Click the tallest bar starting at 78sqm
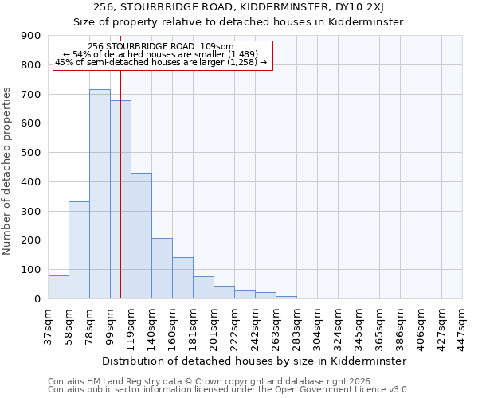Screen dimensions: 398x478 point(100,194)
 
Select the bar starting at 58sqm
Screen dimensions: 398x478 point(79,250)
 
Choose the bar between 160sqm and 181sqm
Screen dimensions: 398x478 point(182,278)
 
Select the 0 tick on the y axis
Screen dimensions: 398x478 point(37,298)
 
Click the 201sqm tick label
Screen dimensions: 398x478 point(214,326)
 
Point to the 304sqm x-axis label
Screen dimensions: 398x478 point(317,326)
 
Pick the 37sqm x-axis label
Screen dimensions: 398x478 point(48,326)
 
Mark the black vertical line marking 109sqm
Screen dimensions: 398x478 point(120,199)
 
